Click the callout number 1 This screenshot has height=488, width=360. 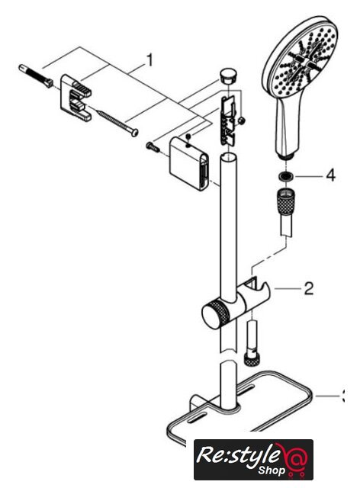pos(149,60)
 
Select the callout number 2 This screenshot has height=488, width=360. pos(308,288)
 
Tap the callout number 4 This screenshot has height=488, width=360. pos(330,175)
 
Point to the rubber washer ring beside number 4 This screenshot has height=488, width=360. pos(286,176)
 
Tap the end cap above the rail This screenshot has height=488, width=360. pos(229,75)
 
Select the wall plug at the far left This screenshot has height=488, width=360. pos(36,76)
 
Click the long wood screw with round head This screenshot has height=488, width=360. pos(117,124)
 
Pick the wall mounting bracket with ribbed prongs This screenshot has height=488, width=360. pos(76,97)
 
